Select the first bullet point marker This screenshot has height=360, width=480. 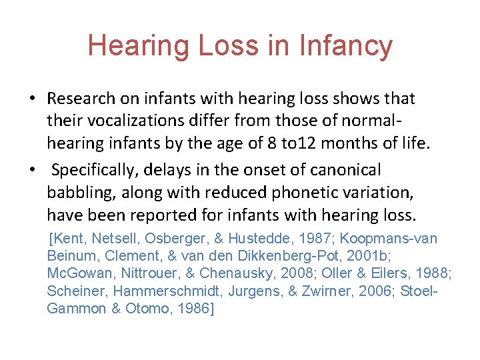click(x=32, y=99)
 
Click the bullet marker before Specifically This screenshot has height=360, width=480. click(x=32, y=170)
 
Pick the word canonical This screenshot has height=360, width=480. click(x=348, y=170)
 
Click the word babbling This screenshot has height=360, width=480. click(x=75, y=193)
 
